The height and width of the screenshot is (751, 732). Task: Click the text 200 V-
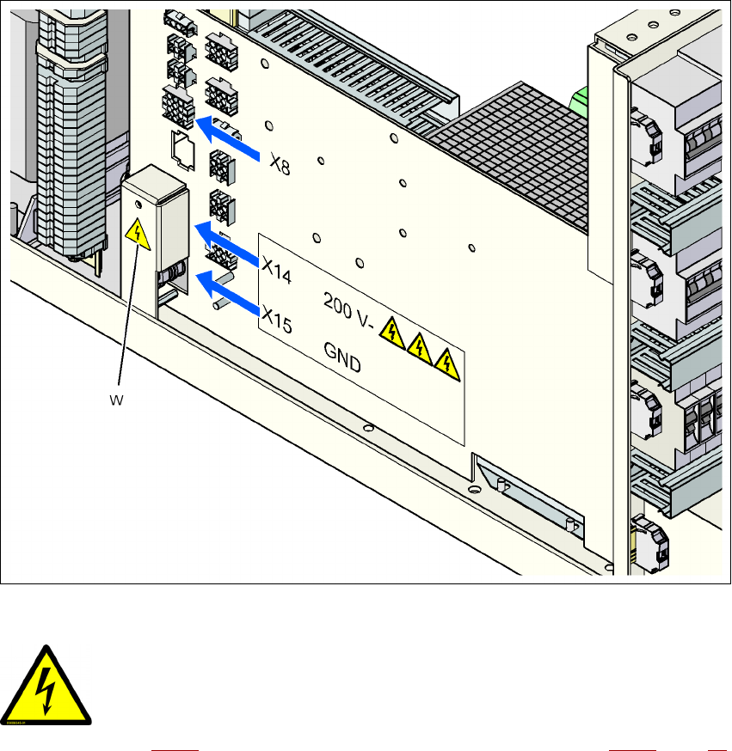(x=348, y=308)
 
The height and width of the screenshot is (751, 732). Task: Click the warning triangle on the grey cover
(x=136, y=231)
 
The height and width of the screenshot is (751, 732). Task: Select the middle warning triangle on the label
(x=419, y=347)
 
